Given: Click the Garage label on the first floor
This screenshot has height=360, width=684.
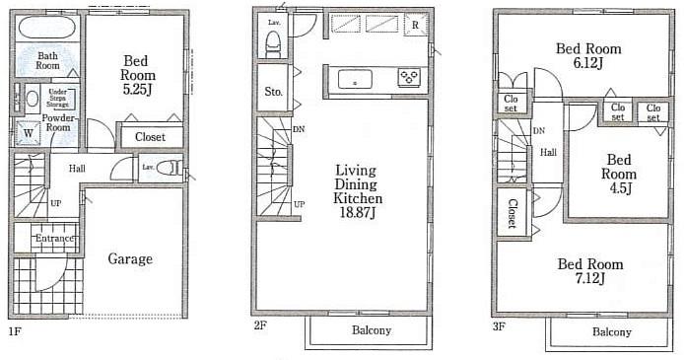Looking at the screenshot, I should pos(129,259).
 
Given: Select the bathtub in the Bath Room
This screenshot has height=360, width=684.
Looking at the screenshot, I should pos(45,28).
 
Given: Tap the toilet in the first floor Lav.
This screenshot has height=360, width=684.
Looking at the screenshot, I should pos(171,168).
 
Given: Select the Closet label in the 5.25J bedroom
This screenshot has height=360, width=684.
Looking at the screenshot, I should pos(150,137).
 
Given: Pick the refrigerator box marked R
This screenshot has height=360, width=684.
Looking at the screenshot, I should pos(416,25).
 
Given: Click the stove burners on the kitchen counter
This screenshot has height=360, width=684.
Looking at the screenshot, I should pos(409,78).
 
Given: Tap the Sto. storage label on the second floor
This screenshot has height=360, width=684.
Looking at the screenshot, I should pos(273,92).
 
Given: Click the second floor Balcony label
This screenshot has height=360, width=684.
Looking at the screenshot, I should pos(372,330).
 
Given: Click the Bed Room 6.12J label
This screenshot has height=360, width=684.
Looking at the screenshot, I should pos(588,55).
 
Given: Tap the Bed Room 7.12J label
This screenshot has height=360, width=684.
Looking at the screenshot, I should pos(589,271).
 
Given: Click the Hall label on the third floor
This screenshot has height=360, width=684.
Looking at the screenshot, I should pos(547,153).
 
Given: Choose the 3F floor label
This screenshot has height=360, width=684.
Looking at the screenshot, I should pos(500,324).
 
